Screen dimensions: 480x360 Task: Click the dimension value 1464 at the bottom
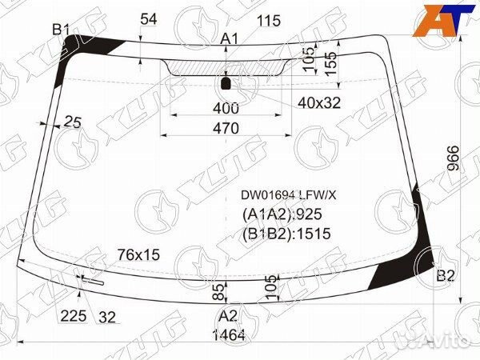point(229,335)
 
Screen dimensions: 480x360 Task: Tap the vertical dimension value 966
point(453,158)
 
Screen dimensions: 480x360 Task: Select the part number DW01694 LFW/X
point(288,195)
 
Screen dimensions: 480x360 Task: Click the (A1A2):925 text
point(282,214)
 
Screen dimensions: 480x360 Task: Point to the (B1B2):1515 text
point(286,234)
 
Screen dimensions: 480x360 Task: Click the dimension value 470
point(226,128)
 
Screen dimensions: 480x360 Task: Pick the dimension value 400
point(226,108)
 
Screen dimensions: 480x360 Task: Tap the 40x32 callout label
point(319,103)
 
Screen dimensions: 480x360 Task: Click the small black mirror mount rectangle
point(226,83)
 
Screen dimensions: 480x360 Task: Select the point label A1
point(230,39)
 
